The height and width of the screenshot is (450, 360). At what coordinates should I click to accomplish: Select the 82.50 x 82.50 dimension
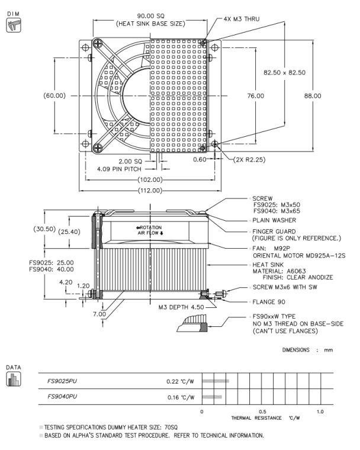[284, 72]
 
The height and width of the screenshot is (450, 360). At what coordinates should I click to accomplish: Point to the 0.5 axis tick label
[262, 411]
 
